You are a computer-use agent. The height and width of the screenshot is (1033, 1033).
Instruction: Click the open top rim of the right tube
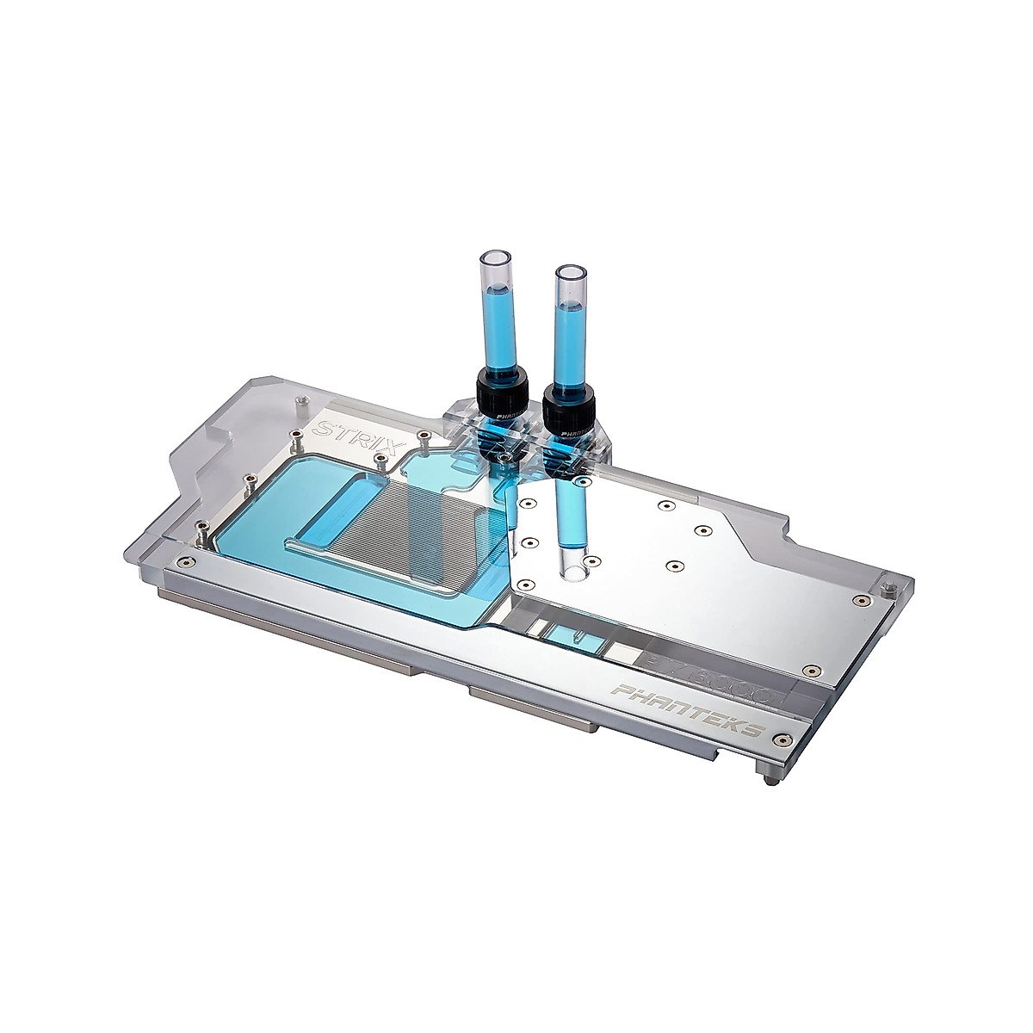(x=569, y=273)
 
